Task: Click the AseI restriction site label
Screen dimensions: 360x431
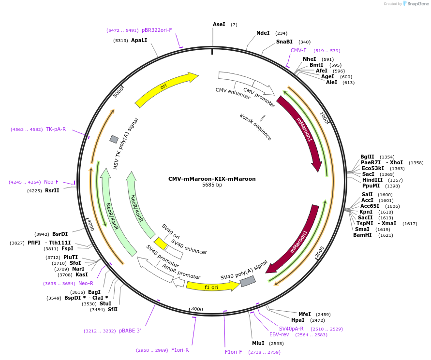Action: point(219,24)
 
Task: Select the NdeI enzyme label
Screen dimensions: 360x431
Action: point(263,33)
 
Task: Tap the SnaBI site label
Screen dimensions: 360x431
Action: point(284,42)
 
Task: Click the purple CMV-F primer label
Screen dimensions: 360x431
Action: point(298,50)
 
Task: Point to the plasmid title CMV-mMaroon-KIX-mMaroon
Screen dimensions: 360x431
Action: point(212,179)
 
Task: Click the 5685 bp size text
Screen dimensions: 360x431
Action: point(212,185)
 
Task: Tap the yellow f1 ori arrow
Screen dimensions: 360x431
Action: point(212,287)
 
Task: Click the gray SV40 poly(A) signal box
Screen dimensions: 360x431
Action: point(248,281)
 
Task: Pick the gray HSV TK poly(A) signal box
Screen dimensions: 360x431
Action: point(114,139)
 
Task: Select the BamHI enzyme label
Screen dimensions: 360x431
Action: point(362,235)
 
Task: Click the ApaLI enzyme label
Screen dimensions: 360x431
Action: point(139,41)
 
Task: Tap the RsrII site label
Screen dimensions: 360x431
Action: point(52,190)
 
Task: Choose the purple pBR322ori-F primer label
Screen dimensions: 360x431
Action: point(157,30)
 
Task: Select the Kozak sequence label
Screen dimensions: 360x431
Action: point(255,127)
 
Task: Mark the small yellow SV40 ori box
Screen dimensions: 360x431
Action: point(160,243)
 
